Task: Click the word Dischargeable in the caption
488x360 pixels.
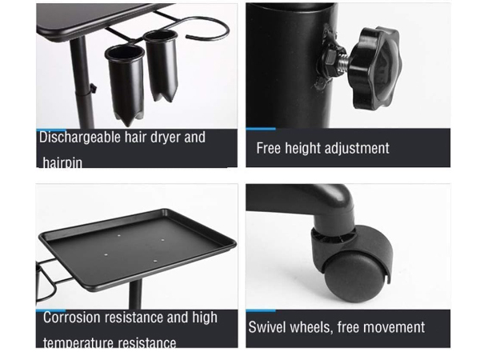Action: pyautogui.click(x=79, y=138)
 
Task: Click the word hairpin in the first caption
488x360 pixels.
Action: pyautogui.click(x=62, y=162)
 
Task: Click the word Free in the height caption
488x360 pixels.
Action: pyautogui.click(x=270, y=149)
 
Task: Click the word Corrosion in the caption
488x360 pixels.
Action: pyautogui.click(x=72, y=318)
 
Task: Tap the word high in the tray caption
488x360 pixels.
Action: pyautogui.click(x=205, y=318)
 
